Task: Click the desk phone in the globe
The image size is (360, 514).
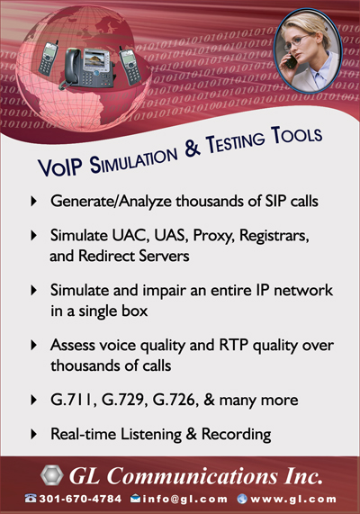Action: [x=88, y=68]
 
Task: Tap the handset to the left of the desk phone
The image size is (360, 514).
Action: [x=49, y=59]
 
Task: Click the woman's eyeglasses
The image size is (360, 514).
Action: [x=297, y=42]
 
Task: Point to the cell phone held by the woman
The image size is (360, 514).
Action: [x=290, y=61]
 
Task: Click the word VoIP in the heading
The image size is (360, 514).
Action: [x=60, y=167]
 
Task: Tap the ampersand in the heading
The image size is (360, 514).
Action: [x=192, y=149]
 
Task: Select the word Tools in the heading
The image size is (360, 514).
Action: [x=296, y=134]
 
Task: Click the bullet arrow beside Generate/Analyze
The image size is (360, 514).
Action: [x=34, y=201]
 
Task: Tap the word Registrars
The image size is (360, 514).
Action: [x=274, y=236]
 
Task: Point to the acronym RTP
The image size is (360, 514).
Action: [x=233, y=345]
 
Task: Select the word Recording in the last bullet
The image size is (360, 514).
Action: [x=236, y=435]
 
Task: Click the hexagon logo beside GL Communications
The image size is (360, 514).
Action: [x=52, y=475]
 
